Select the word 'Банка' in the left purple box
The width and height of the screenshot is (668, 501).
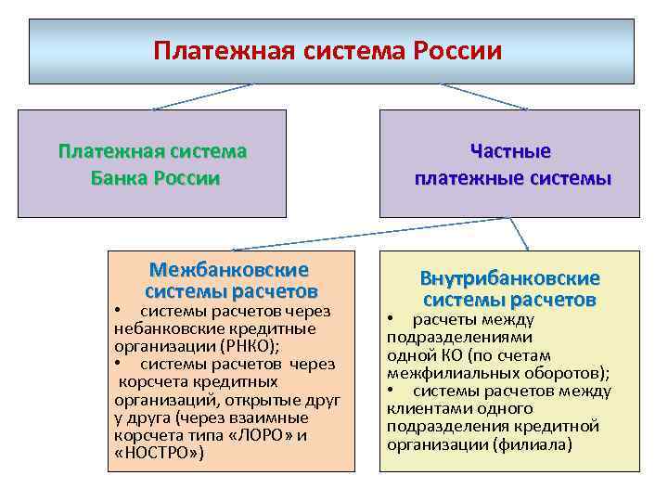[121, 179]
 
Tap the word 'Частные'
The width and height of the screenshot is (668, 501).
[510, 151]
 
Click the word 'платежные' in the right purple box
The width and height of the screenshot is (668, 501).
[460, 179]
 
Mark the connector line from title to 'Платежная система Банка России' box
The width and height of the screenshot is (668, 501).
[202, 96]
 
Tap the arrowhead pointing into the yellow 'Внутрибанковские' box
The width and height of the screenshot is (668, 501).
[527, 248]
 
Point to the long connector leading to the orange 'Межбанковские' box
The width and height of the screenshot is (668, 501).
[371, 234]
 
